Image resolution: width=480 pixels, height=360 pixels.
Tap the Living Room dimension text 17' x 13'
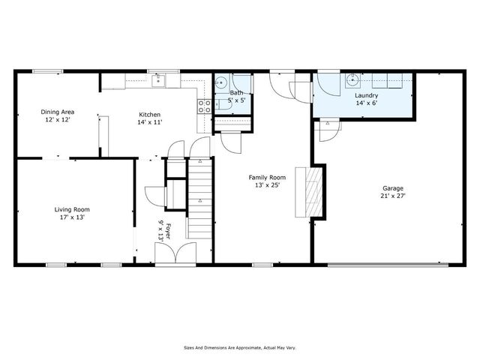click(72, 217)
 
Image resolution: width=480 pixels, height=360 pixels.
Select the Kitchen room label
click(149, 115)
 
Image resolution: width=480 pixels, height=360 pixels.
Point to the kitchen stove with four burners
click(203, 106)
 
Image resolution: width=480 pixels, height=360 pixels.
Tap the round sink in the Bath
click(222, 84)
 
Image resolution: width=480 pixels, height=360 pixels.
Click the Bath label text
click(235, 92)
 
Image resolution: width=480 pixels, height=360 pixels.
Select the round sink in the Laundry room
click(351, 82)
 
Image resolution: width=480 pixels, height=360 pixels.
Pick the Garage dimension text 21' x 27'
click(392, 196)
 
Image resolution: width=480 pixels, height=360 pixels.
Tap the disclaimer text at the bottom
click(239, 347)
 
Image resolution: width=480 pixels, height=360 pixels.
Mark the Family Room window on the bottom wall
click(262, 264)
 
